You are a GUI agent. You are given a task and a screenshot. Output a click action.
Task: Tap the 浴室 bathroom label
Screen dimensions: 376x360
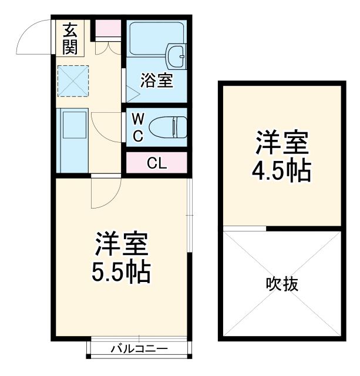157,81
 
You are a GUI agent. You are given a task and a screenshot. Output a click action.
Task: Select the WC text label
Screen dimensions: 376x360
136,127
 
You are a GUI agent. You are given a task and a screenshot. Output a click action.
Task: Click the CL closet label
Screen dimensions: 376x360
157,163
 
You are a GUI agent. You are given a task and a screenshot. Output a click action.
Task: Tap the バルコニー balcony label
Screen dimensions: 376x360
139,350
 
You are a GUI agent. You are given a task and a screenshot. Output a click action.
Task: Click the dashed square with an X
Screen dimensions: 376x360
72,80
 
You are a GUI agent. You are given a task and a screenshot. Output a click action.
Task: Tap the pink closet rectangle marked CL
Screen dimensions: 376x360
157,163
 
